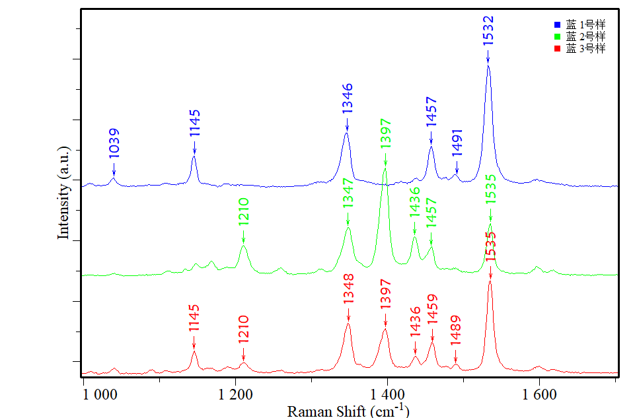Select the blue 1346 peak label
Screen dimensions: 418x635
click(x=347, y=98)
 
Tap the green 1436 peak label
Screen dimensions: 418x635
click(x=415, y=202)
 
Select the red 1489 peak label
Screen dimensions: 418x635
click(x=456, y=330)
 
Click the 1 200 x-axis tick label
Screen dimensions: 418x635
click(x=235, y=396)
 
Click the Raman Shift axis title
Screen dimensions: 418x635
click(x=348, y=411)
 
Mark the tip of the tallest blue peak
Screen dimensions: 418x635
click(x=488, y=65)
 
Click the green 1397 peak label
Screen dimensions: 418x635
click(x=386, y=133)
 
